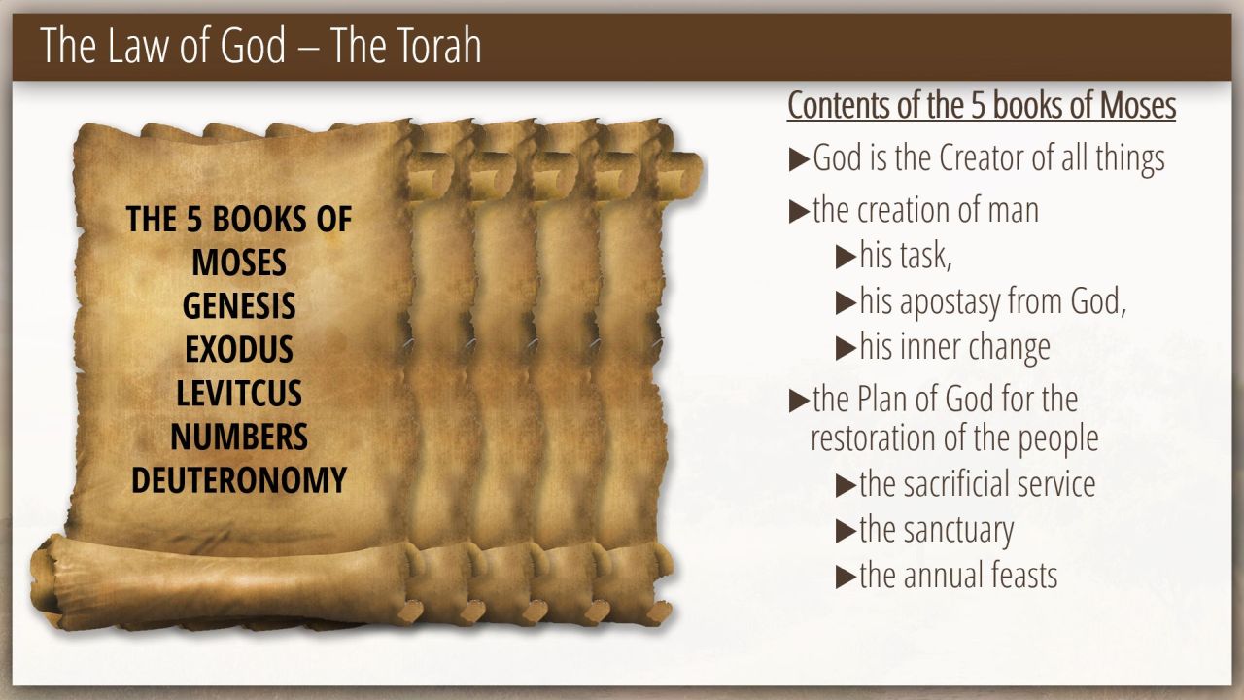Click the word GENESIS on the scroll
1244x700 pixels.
click(239, 305)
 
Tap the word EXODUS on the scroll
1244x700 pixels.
click(239, 349)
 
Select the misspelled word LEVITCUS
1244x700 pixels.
click(239, 393)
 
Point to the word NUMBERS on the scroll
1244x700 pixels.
click(239, 437)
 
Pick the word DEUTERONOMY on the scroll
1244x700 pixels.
click(239, 479)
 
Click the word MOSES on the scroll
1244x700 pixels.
click(239, 262)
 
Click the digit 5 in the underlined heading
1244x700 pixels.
click(978, 105)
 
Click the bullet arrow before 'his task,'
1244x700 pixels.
click(846, 258)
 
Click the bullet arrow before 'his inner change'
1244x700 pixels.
click(846, 349)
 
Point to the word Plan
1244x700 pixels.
click(883, 399)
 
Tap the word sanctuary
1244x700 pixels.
click(958, 531)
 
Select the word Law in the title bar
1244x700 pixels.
click(139, 45)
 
